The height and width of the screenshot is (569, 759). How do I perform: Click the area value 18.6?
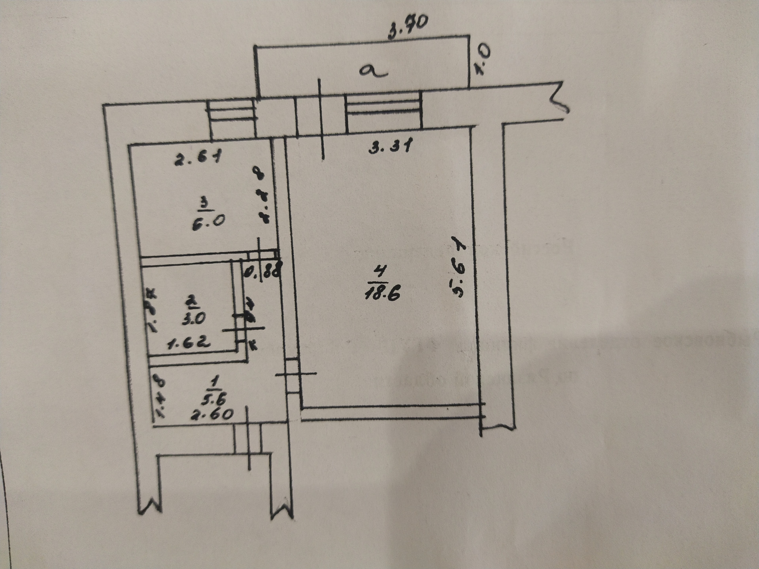click(383, 293)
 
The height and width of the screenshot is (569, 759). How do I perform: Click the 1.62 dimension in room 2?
click(189, 343)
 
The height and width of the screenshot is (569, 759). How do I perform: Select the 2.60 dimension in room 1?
click(211, 414)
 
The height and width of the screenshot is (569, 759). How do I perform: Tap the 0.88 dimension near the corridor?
click(262, 272)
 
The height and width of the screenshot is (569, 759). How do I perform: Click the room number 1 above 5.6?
click(215, 382)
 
